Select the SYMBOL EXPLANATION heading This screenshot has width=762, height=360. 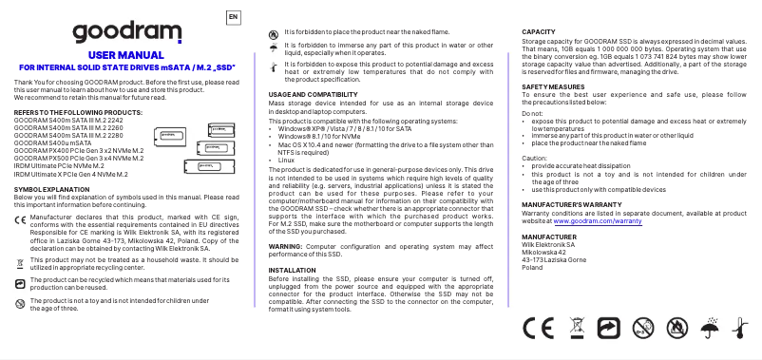pyautogui.click(x=48, y=163)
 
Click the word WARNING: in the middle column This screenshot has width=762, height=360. pyautogui.click(x=286, y=245)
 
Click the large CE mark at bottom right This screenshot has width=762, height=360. pyautogui.click(x=539, y=329)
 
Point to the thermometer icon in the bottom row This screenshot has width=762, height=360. pyautogui.click(x=739, y=329)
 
